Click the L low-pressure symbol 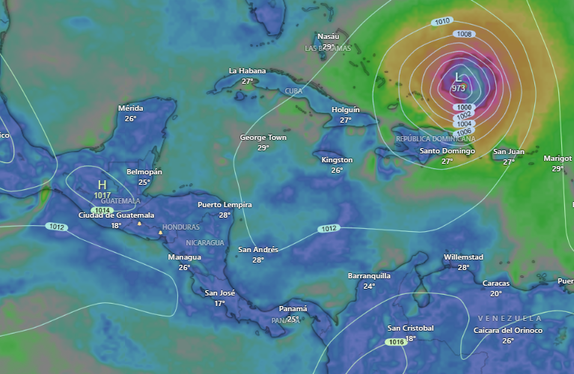point(459,77)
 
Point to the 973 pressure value point(459,88)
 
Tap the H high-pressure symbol point(103,184)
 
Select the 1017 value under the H point(103,195)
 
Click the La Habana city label point(248,71)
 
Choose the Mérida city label point(131,108)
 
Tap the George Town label point(263,138)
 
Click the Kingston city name point(337,160)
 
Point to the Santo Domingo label point(447,151)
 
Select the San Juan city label point(509,152)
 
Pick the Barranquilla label point(369,276)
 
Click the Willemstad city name point(463,257)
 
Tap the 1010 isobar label point(442,22)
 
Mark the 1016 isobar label point(397,342)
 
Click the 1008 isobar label point(464,34)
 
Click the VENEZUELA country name point(509,319)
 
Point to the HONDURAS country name point(181,227)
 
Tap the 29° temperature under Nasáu point(329,46)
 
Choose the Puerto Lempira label point(225,205)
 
